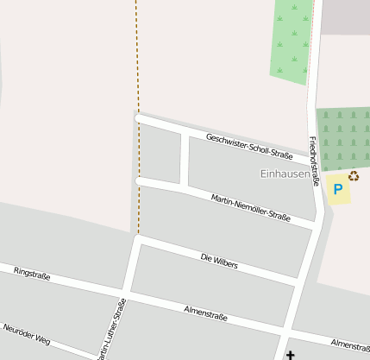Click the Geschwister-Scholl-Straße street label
point(249,146)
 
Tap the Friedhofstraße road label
point(314,161)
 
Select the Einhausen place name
point(285,174)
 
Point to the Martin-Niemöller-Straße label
point(250,207)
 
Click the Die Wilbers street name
point(218,260)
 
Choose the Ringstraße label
point(32,275)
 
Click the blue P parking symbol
point(338,189)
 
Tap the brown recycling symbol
point(353,176)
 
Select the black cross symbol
point(290,355)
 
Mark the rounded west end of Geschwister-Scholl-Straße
point(139,117)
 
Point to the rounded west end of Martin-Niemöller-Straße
point(140,180)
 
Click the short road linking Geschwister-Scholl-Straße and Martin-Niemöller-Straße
point(184,160)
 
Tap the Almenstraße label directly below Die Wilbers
point(205,312)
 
